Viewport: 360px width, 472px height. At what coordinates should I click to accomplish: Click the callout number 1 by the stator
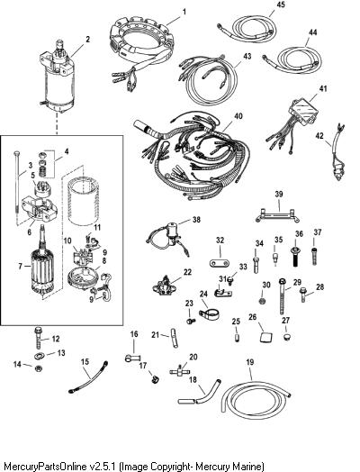tap(184, 12)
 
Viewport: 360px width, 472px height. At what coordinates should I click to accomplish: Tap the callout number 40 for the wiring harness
tap(238, 116)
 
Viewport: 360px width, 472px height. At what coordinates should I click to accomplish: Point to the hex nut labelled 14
tap(38, 368)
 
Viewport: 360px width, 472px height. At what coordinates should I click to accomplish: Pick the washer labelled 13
tap(39, 356)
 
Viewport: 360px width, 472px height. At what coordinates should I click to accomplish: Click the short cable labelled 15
tap(88, 377)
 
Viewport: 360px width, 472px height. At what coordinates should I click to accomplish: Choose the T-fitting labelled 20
tap(180, 371)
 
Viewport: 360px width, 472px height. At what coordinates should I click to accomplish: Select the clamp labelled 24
tap(210, 314)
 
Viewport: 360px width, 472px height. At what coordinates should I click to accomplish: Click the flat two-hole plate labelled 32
tap(220, 262)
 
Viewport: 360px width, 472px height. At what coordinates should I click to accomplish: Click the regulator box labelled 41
tap(302, 108)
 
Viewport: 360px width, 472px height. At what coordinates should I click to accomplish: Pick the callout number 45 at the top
tap(281, 5)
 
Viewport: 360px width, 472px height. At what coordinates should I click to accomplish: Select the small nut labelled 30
tap(263, 301)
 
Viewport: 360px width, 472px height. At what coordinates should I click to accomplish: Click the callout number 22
tap(187, 272)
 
